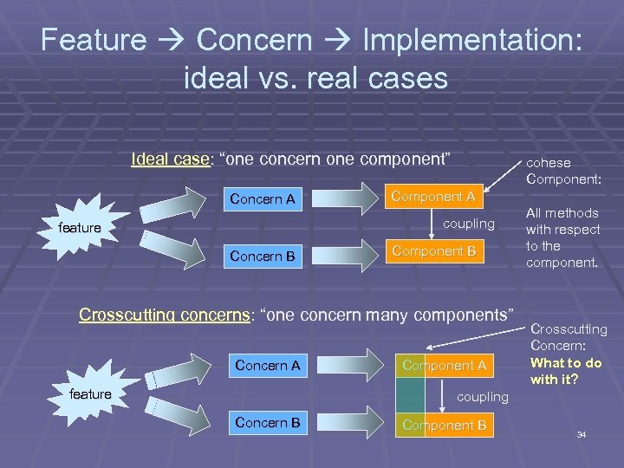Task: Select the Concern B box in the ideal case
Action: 262,256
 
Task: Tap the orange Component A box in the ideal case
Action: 432,196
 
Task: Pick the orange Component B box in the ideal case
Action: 432,250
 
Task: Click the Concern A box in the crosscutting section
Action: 267,366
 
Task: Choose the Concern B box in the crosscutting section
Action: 267,422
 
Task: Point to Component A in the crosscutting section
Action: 444,366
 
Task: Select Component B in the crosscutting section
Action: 444,426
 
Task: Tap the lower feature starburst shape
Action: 90,394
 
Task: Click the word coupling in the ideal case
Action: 469,224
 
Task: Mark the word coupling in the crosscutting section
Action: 483,396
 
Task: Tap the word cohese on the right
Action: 549,162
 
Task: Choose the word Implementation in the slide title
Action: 464,39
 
